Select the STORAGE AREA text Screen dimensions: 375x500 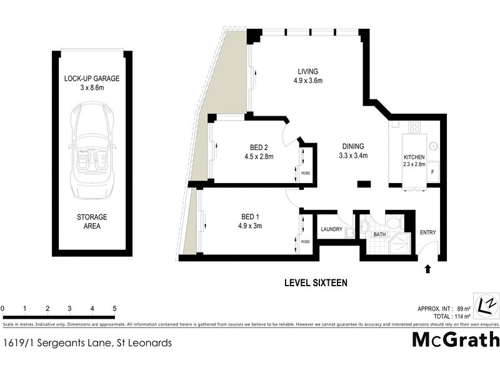pyautogui.click(x=92, y=221)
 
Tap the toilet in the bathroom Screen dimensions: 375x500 pyautogui.click(x=394, y=222)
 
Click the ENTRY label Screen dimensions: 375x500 pyautogui.click(x=428, y=233)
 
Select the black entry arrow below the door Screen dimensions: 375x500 pyautogui.click(x=427, y=269)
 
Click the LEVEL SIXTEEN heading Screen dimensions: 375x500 pyautogui.click(x=316, y=283)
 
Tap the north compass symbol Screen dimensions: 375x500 pyautogui.click(x=486, y=304)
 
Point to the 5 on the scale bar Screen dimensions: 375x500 pyautogui.click(x=115, y=308)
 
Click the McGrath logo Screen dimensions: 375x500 pyautogui.click(x=456, y=340)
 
